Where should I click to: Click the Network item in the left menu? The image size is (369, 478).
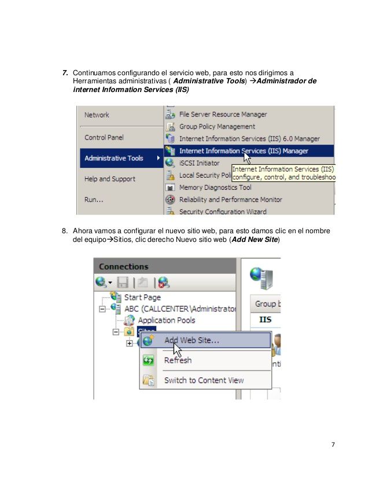click(x=97, y=115)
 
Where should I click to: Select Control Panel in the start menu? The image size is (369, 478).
click(x=104, y=138)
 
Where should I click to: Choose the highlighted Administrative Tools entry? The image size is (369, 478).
click(x=114, y=158)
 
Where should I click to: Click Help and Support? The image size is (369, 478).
click(x=110, y=179)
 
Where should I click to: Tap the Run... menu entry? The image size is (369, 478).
click(x=94, y=200)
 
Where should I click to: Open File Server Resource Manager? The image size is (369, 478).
click(x=223, y=115)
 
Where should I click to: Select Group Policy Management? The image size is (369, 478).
click(x=217, y=127)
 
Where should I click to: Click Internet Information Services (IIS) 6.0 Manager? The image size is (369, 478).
click(x=249, y=139)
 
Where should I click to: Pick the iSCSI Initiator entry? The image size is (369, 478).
click(x=200, y=163)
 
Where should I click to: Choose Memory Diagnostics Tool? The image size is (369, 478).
click(x=215, y=187)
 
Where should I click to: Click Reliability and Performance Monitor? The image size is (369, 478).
click(x=230, y=200)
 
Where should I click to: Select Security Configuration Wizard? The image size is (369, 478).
click(x=223, y=212)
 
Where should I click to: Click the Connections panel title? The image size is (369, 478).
click(x=124, y=267)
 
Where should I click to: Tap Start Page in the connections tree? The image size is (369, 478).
click(x=142, y=297)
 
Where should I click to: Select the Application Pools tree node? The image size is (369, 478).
click(x=166, y=320)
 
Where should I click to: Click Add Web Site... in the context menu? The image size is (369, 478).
click(x=191, y=340)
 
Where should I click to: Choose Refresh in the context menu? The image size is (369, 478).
click(x=178, y=360)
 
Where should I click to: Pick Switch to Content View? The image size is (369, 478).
click(x=204, y=380)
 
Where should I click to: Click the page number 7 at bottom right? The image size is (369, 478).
click(x=333, y=444)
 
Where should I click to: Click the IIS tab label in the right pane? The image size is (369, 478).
click(x=265, y=319)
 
